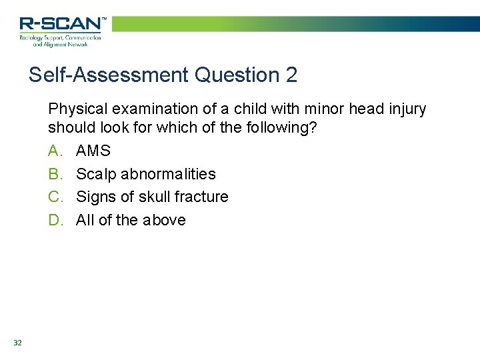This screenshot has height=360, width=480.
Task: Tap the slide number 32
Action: (x=17, y=343)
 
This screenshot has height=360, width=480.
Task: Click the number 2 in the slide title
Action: (x=291, y=75)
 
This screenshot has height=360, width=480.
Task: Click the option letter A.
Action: (x=55, y=151)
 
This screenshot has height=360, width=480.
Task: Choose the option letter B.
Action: (x=55, y=174)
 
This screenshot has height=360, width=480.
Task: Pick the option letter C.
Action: (x=55, y=197)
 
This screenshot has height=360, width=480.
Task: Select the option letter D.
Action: (x=55, y=220)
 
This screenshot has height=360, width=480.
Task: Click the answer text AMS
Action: (x=93, y=151)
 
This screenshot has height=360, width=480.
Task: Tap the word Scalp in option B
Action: (x=95, y=175)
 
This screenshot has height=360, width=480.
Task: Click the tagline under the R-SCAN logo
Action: (x=60, y=41)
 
